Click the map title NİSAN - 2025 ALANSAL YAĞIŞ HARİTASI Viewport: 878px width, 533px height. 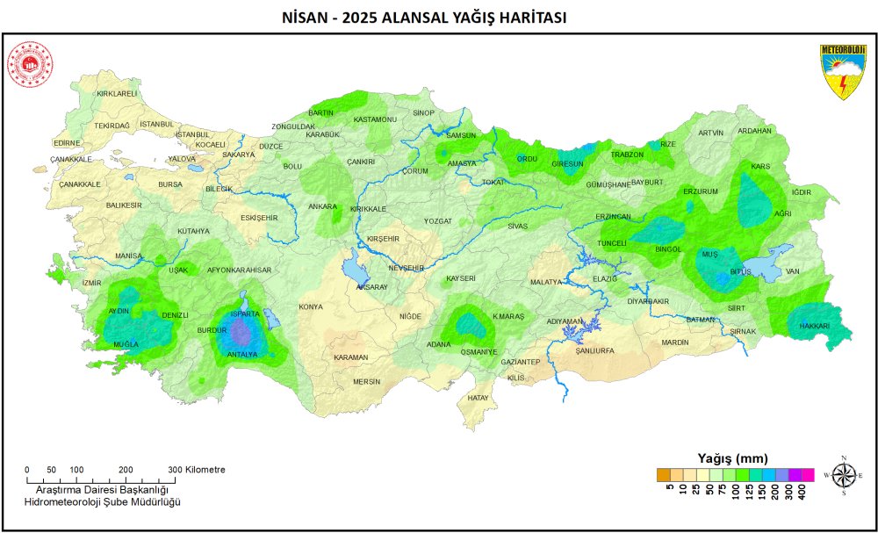coord(438,18)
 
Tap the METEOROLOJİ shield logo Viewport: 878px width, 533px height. coord(843,71)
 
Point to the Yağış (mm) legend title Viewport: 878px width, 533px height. coord(732,457)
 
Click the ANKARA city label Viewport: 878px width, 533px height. coord(322,207)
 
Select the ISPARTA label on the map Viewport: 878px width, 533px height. coord(244,313)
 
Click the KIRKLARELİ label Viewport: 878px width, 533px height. coord(117,93)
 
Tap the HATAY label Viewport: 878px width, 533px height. coord(478,398)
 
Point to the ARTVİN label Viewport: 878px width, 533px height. coord(710,133)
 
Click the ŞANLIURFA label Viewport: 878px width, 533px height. coord(594,350)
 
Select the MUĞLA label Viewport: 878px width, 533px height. coord(126,344)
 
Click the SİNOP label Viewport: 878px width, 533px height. coord(424,113)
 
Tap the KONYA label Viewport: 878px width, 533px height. coord(311,307)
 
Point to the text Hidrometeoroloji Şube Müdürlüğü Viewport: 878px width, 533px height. coord(102,501)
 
